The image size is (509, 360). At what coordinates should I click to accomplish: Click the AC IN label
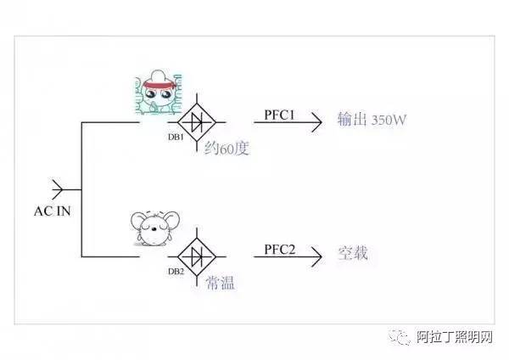[x=53, y=211]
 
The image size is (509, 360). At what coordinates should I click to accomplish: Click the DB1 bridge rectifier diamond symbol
[x=198, y=121]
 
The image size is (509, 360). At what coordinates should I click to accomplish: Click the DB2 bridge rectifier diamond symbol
[x=198, y=254]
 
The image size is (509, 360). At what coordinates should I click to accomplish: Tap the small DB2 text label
[x=176, y=271]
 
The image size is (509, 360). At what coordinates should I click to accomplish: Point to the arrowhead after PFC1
[x=316, y=122]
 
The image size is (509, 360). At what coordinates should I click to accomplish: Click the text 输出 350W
[x=372, y=121]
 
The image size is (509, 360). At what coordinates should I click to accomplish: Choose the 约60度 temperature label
[x=228, y=150]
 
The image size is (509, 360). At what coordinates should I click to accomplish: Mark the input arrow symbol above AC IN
[x=57, y=188]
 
